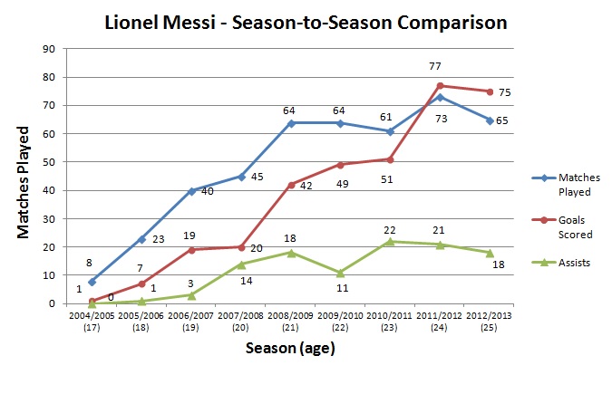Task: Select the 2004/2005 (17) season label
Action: point(92,322)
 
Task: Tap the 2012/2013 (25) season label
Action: point(489,322)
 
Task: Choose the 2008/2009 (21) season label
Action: point(290,322)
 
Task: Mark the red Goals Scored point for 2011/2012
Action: point(440,85)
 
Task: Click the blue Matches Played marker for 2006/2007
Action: point(191,190)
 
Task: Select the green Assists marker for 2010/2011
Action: point(390,241)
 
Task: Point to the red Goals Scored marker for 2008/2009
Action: point(291,185)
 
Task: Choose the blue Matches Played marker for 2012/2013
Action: point(490,120)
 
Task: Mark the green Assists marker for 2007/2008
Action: point(241,264)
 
